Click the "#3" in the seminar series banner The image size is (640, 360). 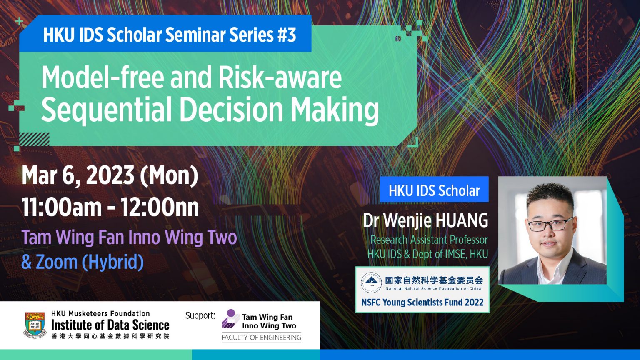pyautogui.click(x=286, y=35)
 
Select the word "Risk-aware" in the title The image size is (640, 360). pyautogui.click(x=280, y=78)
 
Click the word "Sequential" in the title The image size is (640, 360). pyautogui.click(x=106, y=110)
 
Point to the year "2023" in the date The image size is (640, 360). pyautogui.click(x=110, y=175)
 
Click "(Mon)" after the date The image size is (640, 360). pyautogui.click(x=169, y=175)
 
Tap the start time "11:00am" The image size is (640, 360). pyautogui.click(x=62, y=207)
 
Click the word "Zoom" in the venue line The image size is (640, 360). pyautogui.click(x=57, y=262)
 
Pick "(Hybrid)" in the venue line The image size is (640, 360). pyautogui.click(x=113, y=262)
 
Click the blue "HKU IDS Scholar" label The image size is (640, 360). pyautogui.click(x=434, y=191)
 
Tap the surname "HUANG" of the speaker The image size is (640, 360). pyautogui.click(x=462, y=220)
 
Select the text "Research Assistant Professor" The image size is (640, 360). pyautogui.click(x=429, y=240)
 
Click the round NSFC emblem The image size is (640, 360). pyautogui.click(x=371, y=283)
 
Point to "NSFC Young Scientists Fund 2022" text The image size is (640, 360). pyautogui.click(x=422, y=302)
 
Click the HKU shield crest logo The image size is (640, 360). pyautogui.click(x=35, y=325)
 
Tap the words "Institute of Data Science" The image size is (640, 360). pyautogui.click(x=110, y=325)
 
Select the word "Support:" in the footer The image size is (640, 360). pyautogui.click(x=200, y=315)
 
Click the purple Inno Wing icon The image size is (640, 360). pyautogui.click(x=230, y=319)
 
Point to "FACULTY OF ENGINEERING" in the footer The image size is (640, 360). pyautogui.click(x=261, y=337)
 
